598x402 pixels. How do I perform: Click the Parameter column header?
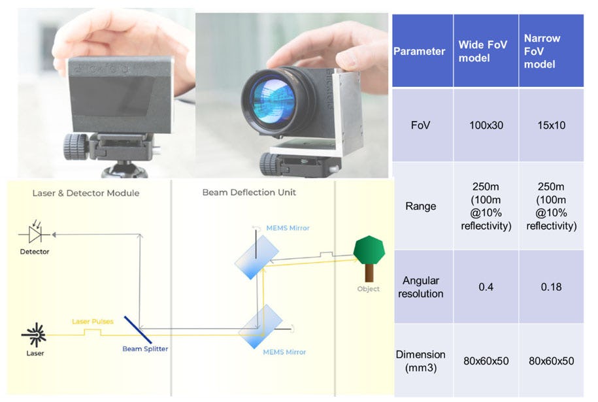(x=420, y=51)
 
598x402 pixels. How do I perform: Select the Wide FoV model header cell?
(x=486, y=51)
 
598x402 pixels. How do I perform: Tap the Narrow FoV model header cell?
(x=551, y=51)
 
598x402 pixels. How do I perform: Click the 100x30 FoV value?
(x=486, y=124)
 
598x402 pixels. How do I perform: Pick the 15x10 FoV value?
(x=551, y=124)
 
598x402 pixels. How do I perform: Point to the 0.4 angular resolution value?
(x=486, y=287)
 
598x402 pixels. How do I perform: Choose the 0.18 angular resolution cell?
(x=551, y=287)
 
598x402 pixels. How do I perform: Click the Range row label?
(x=421, y=206)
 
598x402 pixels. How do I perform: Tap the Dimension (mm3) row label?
(x=421, y=360)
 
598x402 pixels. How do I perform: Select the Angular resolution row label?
(x=421, y=287)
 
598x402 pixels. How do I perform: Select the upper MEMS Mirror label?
(x=288, y=228)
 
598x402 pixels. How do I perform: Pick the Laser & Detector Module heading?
(x=86, y=193)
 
